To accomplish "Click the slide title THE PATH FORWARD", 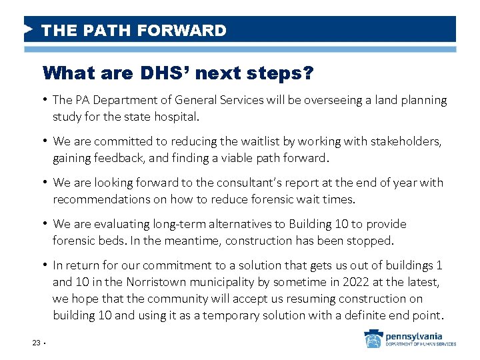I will pyautogui.click(x=133, y=31).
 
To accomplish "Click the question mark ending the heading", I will pyautogui.click(x=307, y=73).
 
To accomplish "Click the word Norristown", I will pyautogui.click(x=161, y=281).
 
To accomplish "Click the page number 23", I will pyautogui.click(x=36, y=343).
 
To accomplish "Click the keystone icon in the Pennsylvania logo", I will pyautogui.click(x=373, y=339).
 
